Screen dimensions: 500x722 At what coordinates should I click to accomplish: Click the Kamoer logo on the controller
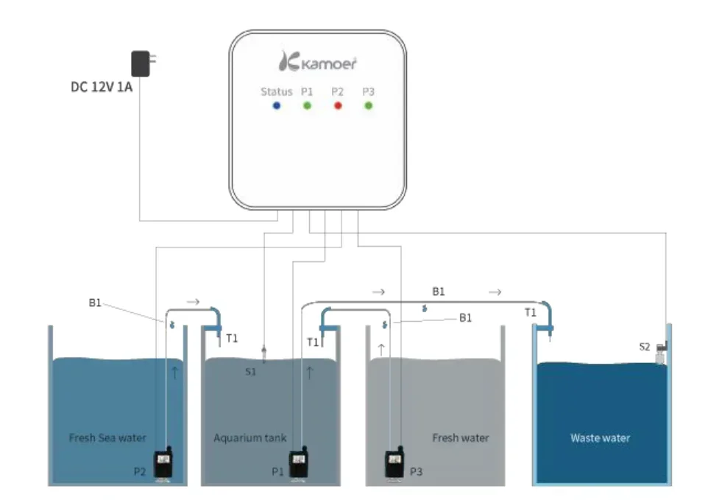coord(318,62)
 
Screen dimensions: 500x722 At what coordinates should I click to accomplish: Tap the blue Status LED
coord(277,106)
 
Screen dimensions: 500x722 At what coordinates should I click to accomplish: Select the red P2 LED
coord(338,106)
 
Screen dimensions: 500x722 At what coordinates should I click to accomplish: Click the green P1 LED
coord(307,106)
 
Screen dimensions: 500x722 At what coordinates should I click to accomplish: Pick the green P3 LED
coord(368,106)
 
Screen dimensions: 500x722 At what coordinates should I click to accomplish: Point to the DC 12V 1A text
coord(102,86)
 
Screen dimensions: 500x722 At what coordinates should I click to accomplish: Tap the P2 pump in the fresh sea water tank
coord(163,465)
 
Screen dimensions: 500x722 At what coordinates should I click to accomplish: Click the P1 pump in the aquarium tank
coord(298,465)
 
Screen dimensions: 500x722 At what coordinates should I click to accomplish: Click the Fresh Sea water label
coord(107,437)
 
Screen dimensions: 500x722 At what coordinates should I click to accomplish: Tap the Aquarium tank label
coord(250,437)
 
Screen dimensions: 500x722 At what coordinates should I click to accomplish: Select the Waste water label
coord(600,437)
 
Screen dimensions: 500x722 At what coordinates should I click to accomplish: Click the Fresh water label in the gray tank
coord(460,437)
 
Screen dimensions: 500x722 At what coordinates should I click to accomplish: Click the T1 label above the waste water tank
coord(530,312)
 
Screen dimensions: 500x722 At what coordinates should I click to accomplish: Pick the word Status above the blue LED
coord(276,91)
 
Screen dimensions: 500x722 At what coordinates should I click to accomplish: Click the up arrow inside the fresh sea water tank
coord(174,372)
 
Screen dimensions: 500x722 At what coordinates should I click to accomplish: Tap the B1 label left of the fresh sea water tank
coord(95,303)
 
